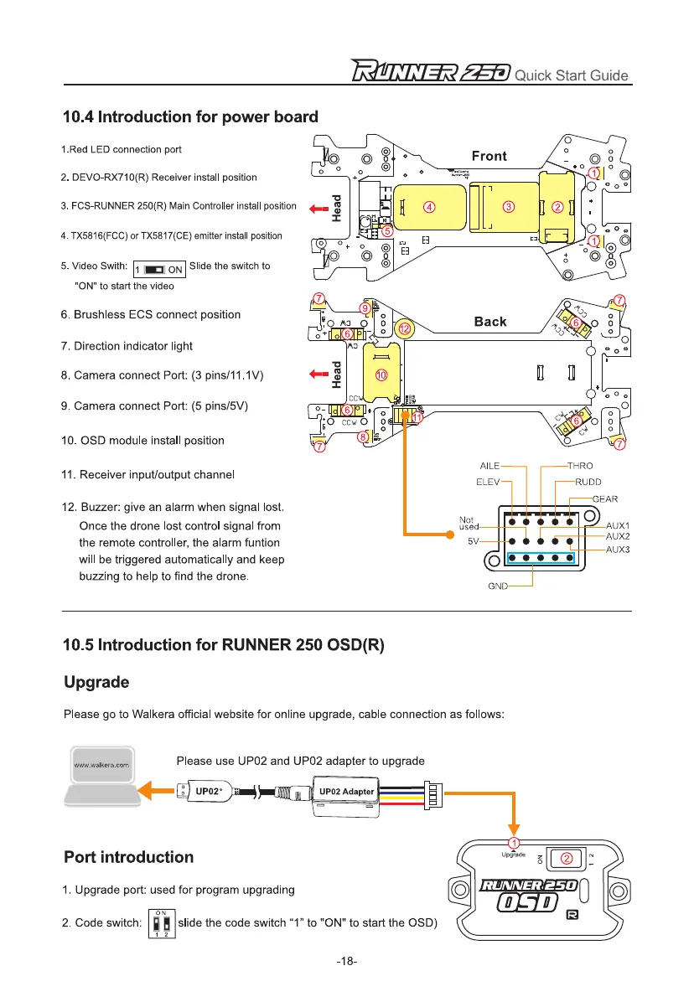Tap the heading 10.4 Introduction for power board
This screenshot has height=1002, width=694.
pos(190,116)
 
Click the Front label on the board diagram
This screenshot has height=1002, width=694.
pos(489,156)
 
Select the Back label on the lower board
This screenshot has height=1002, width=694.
pos(490,322)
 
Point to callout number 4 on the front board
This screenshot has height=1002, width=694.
pos(428,206)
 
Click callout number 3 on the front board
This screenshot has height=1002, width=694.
pos(508,206)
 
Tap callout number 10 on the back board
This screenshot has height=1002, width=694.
pos(381,376)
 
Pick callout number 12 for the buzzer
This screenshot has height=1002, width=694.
pos(405,329)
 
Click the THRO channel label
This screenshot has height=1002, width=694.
pos(580,466)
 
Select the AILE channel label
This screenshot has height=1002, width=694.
pos(490,466)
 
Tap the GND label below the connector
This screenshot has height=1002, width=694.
pos(499,586)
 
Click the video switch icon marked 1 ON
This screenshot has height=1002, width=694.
pos(160,269)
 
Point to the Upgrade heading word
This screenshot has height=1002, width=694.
pos(96,682)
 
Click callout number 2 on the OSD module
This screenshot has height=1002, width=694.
pos(567,858)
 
